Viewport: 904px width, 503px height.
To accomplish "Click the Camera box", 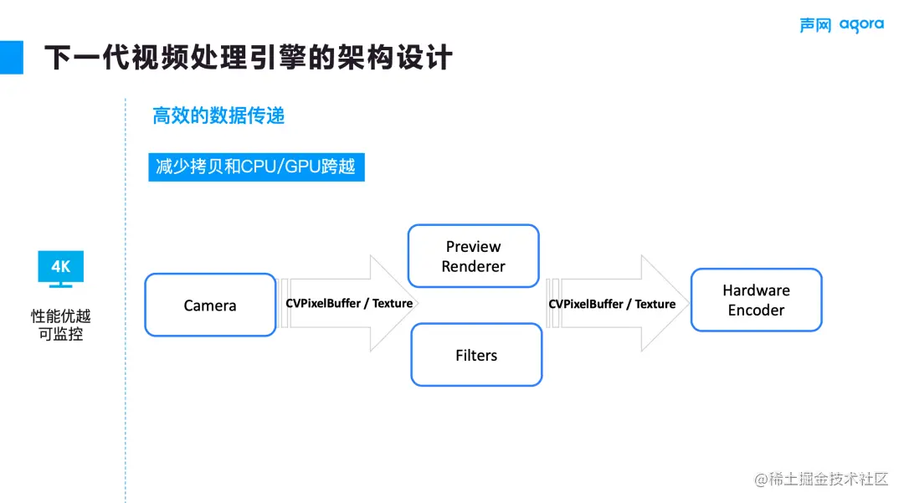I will click(210, 305).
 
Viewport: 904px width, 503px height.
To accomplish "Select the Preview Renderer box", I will click(473, 256).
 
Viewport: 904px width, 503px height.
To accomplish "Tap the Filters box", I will click(476, 355).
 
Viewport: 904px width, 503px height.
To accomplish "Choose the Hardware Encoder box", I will click(756, 300).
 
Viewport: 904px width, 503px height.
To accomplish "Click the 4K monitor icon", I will click(60, 269).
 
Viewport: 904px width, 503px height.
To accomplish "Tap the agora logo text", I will click(861, 24).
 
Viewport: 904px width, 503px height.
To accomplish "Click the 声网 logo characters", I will click(814, 25).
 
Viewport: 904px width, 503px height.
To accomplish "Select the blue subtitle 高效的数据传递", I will click(218, 115).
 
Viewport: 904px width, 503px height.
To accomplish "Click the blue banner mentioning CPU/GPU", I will click(256, 167).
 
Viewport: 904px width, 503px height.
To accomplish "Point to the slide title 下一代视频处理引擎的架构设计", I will click(248, 58).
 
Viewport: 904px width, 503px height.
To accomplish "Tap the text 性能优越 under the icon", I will click(60, 316).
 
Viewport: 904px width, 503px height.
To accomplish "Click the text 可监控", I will click(60, 336).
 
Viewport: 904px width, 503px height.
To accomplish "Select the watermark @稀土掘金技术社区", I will click(820, 479).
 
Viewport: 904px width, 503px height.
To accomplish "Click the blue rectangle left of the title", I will click(11, 57).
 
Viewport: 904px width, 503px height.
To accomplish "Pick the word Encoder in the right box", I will click(756, 311).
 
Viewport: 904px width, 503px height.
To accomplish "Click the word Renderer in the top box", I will click(474, 267).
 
